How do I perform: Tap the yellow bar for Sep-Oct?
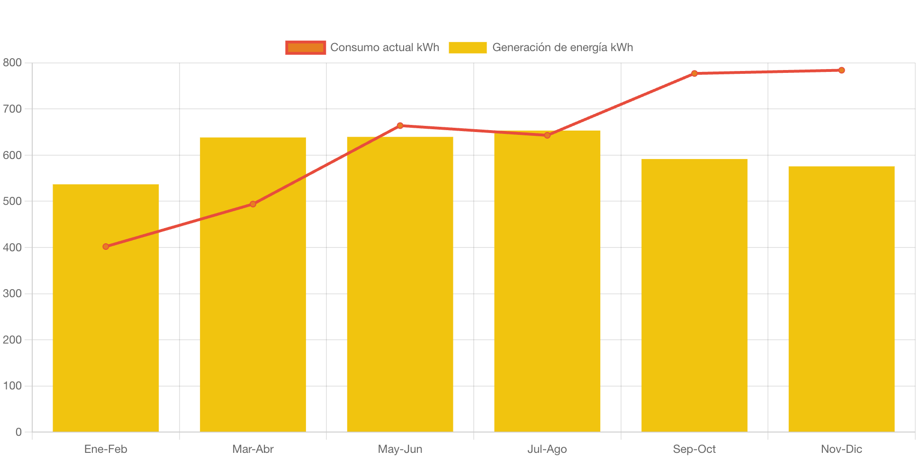(695, 296)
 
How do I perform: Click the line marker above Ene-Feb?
(106, 247)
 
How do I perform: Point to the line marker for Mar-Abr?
(253, 204)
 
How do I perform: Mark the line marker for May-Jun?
(400, 125)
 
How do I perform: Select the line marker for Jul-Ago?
(547, 135)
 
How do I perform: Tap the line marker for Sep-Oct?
(695, 73)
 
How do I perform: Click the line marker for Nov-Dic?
(841, 70)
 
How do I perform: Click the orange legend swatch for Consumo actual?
(306, 47)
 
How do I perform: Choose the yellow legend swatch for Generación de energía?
(468, 47)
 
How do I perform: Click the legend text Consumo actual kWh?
(385, 47)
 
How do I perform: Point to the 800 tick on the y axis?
(12, 62)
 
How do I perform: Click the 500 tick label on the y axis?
(12, 201)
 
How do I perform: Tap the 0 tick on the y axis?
(18, 432)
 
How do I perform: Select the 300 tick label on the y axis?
(12, 293)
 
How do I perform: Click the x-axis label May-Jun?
(400, 449)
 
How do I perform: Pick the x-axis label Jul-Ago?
(547, 449)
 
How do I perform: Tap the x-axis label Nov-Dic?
(841, 449)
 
